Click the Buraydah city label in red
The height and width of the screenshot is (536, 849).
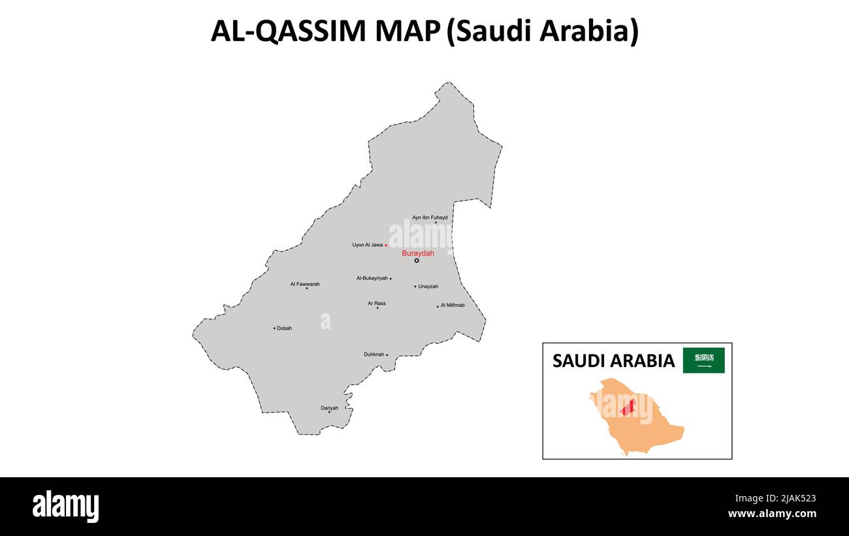coord(417,253)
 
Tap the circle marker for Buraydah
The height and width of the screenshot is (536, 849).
coord(417,260)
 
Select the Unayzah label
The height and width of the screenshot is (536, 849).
coord(428,287)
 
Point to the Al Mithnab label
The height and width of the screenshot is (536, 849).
coord(453,305)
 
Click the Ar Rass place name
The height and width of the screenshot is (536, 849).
coord(376,303)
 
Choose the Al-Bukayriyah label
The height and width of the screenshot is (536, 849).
coord(372,278)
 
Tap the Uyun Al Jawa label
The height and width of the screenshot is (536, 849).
coord(368,245)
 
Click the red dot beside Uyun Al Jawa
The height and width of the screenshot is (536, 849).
coord(386,245)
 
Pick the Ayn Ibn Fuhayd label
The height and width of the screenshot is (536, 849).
coord(430,217)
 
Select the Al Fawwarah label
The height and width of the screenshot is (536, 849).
coord(305,284)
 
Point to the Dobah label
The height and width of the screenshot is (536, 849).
coord(284,328)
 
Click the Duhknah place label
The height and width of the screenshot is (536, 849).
coord(374,355)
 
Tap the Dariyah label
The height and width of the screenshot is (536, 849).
coord(329,408)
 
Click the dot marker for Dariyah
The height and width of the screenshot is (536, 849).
coord(329,412)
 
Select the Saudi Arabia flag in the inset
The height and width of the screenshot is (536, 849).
coord(703,360)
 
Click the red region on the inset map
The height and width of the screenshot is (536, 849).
coord(628,407)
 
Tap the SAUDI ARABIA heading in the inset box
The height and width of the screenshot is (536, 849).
coord(613,361)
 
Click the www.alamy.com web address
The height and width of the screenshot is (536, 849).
coord(772,514)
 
